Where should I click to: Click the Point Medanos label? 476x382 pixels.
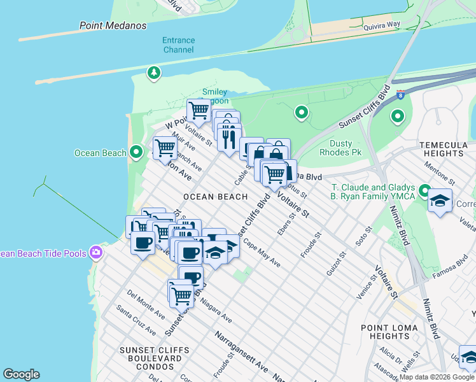(113, 25)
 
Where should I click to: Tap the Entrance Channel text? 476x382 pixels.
(179, 45)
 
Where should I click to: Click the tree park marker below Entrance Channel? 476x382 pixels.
(153, 73)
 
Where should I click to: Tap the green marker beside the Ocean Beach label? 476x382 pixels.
(136, 153)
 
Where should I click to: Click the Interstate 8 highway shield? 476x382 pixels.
(399, 94)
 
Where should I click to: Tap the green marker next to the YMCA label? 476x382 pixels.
(425, 190)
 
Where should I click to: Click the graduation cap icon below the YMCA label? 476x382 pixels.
(440, 201)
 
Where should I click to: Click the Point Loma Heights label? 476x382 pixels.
(389, 332)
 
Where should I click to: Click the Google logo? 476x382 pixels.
(21, 374)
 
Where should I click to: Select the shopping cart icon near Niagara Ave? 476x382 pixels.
(182, 294)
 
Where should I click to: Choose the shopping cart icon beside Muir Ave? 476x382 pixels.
(165, 148)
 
